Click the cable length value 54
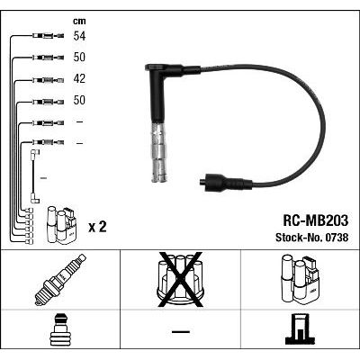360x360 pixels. pos(79,36)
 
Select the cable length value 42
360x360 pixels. pos(79,79)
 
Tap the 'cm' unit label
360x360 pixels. pos(79,21)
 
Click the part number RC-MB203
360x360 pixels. pos(316,220)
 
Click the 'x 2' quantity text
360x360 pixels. pos(97,227)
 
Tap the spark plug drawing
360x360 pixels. pos(60,280)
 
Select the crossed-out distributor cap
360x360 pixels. pos(180,279)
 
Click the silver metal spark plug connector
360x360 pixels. pos(158,152)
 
